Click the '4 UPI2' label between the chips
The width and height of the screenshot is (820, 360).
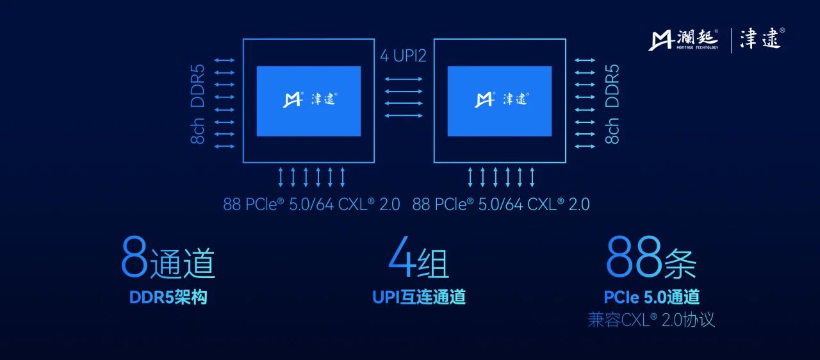(403, 56)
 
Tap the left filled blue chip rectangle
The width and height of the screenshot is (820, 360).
(309, 101)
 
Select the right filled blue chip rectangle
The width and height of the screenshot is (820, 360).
(499, 101)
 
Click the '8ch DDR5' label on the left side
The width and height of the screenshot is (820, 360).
(197, 104)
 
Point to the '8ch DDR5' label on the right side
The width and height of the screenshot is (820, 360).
(612, 104)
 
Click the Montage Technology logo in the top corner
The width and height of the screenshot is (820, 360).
(683, 40)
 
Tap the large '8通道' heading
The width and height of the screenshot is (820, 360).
(168, 258)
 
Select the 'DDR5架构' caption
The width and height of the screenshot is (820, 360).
(168, 297)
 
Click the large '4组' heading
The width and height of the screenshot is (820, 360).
(418, 258)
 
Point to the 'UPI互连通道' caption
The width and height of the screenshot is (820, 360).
(419, 297)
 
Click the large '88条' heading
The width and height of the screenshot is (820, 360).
(651, 258)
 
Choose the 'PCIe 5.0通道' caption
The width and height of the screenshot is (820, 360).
(652, 297)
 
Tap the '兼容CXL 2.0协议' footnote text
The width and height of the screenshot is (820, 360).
(651, 320)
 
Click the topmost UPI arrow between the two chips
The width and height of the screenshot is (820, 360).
(404, 79)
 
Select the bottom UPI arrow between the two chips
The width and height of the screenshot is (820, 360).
(404, 115)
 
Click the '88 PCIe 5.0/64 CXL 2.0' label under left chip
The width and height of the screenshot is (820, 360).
(311, 204)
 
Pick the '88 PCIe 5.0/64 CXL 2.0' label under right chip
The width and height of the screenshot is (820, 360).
(501, 204)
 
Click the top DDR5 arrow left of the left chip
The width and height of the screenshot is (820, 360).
(224, 60)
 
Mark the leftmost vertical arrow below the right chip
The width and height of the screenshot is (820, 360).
(470, 177)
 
